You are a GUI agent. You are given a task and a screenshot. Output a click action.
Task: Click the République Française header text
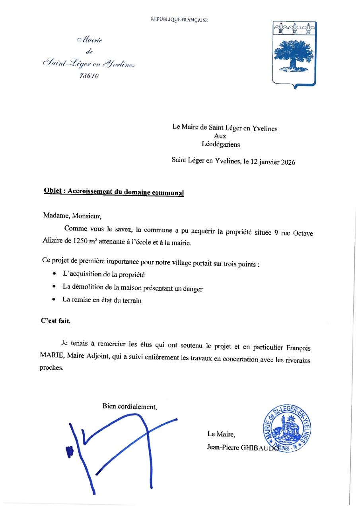click(179, 19)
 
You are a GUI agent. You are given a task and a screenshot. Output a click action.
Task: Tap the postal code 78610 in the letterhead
click(90, 76)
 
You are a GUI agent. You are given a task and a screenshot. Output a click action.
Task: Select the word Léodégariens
click(221, 145)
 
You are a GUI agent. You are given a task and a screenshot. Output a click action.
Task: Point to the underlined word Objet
click(53, 190)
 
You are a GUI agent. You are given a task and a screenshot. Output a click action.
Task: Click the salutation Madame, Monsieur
click(72, 216)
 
